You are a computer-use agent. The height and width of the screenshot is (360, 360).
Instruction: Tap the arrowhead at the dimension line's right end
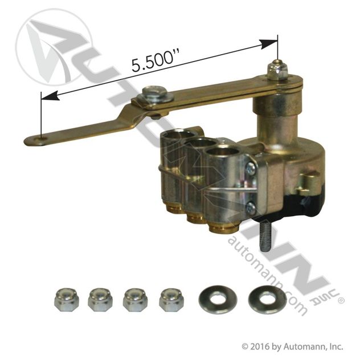click(268, 44)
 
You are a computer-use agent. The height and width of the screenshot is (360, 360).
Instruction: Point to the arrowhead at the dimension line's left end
click(51, 96)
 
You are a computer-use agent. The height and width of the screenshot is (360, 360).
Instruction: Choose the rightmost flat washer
click(268, 300)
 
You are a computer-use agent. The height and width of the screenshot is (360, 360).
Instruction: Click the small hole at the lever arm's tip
click(42, 138)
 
